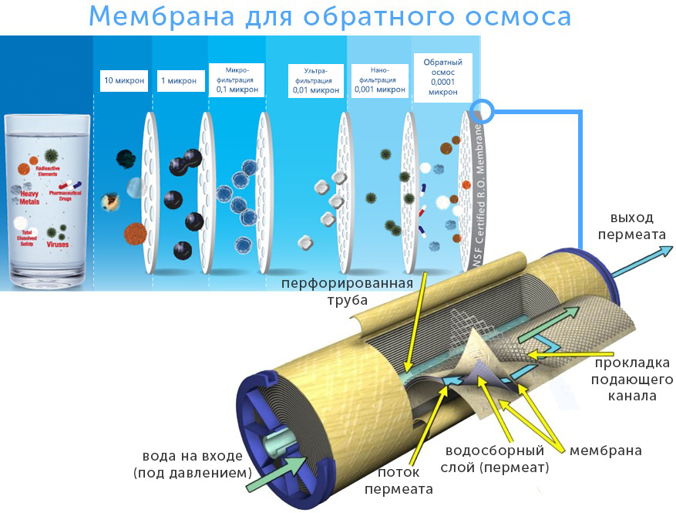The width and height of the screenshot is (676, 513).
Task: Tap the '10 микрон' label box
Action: (x=123, y=80)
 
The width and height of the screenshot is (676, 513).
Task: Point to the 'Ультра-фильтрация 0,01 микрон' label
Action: (x=314, y=81)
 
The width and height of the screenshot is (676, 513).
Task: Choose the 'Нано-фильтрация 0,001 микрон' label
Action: (x=378, y=80)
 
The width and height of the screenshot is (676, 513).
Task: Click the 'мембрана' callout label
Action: (x=605, y=450)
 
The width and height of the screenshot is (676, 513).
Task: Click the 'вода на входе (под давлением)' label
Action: (x=193, y=464)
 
